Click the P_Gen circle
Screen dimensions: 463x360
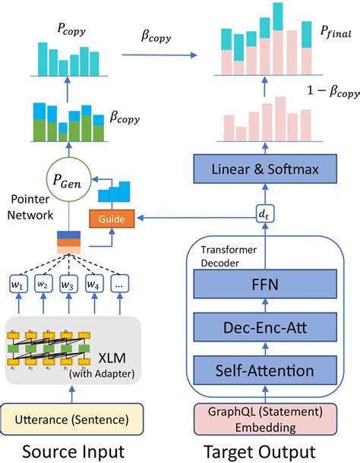[68, 182]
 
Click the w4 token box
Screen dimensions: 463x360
[94, 285]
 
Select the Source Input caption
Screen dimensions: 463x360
[71, 451]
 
